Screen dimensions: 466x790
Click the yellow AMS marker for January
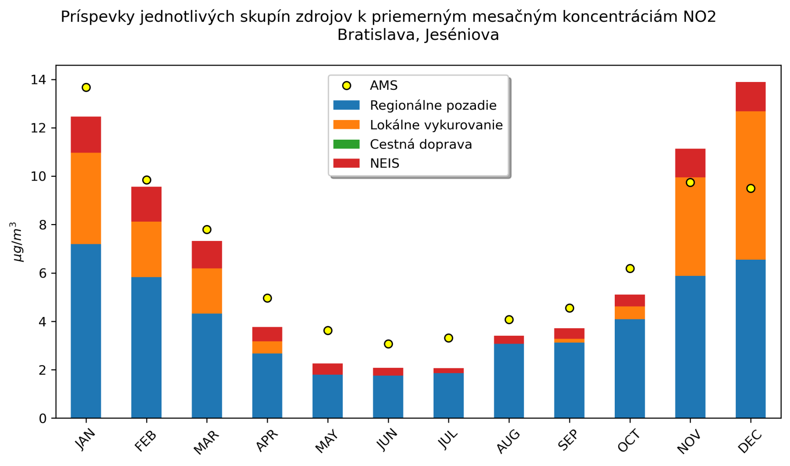[x=86, y=87]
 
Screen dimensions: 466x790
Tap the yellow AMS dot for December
[x=750, y=188]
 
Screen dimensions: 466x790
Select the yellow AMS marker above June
[x=388, y=344]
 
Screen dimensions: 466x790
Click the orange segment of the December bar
[x=750, y=185]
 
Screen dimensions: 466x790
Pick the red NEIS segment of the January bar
[x=86, y=134]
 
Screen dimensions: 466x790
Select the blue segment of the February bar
[x=146, y=347]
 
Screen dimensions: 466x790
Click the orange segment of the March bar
[x=207, y=291]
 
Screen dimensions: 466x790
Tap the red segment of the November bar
[x=690, y=163]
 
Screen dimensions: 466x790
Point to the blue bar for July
[x=448, y=395]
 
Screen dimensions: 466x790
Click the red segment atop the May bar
[x=328, y=369]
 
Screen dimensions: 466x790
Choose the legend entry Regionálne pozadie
[x=433, y=105]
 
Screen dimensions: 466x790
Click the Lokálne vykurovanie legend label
[x=436, y=125]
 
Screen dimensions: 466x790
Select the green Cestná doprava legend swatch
[x=347, y=144]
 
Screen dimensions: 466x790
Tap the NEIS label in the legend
[x=385, y=163]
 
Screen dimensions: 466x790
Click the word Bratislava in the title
[x=379, y=35]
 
